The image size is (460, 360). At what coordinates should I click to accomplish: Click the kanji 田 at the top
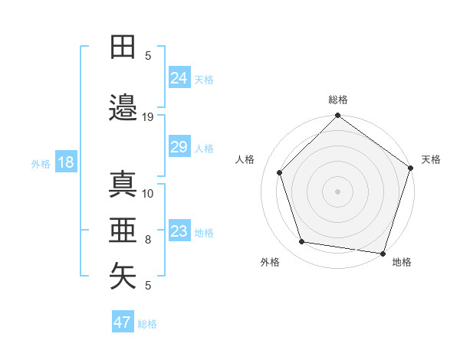click(x=123, y=47)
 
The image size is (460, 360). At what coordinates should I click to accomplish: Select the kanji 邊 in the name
click(x=123, y=108)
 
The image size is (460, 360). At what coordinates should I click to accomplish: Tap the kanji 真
click(x=123, y=185)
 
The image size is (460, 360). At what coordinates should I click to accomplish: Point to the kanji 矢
click(x=123, y=277)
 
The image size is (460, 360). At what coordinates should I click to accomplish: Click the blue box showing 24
click(x=179, y=77)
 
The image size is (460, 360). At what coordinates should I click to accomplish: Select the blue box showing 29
click(x=179, y=147)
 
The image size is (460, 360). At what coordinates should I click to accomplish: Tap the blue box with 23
click(x=179, y=231)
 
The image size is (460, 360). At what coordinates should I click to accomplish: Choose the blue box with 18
click(x=65, y=162)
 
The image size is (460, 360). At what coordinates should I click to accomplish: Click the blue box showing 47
click(x=123, y=322)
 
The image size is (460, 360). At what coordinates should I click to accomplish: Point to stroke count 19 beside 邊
click(x=149, y=116)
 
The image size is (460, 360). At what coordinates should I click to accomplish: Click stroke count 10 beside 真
click(x=149, y=193)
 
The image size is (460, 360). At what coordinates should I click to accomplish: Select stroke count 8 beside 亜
click(x=148, y=240)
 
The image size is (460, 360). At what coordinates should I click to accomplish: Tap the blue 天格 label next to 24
click(x=204, y=79)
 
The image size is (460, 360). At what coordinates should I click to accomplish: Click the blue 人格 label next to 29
click(x=204, y=149)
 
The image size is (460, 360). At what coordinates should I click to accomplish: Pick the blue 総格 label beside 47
click(x=147, y=324)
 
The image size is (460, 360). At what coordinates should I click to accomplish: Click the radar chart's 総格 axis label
click(x=338, y=100)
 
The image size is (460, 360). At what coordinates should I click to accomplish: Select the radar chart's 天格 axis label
click(x=431, y=159)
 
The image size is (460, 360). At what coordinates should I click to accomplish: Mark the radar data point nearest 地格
click(x=383, y=253)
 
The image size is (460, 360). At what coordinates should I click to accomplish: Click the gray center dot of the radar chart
click(x=338, y=191)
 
